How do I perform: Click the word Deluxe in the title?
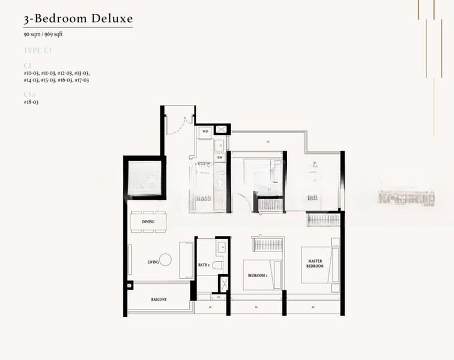tap(112, 18)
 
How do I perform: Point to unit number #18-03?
tap(31, 102)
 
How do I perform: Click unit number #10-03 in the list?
tap(31, 72)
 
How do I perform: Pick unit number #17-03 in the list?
tap(82, 80)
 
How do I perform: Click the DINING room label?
tap(148, 222)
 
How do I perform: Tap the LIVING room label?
tap(153, 262)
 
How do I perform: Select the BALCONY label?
tap(159, 299)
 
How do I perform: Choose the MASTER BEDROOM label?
tap(315, 263)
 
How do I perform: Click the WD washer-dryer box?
tap(205, 131)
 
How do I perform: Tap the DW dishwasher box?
tap(220, 158)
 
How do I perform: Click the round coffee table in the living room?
tap(166, 259)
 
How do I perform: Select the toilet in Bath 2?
tap(218, 265)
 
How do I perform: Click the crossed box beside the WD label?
tap(221, 129)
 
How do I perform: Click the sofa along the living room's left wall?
tap(130, 259)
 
